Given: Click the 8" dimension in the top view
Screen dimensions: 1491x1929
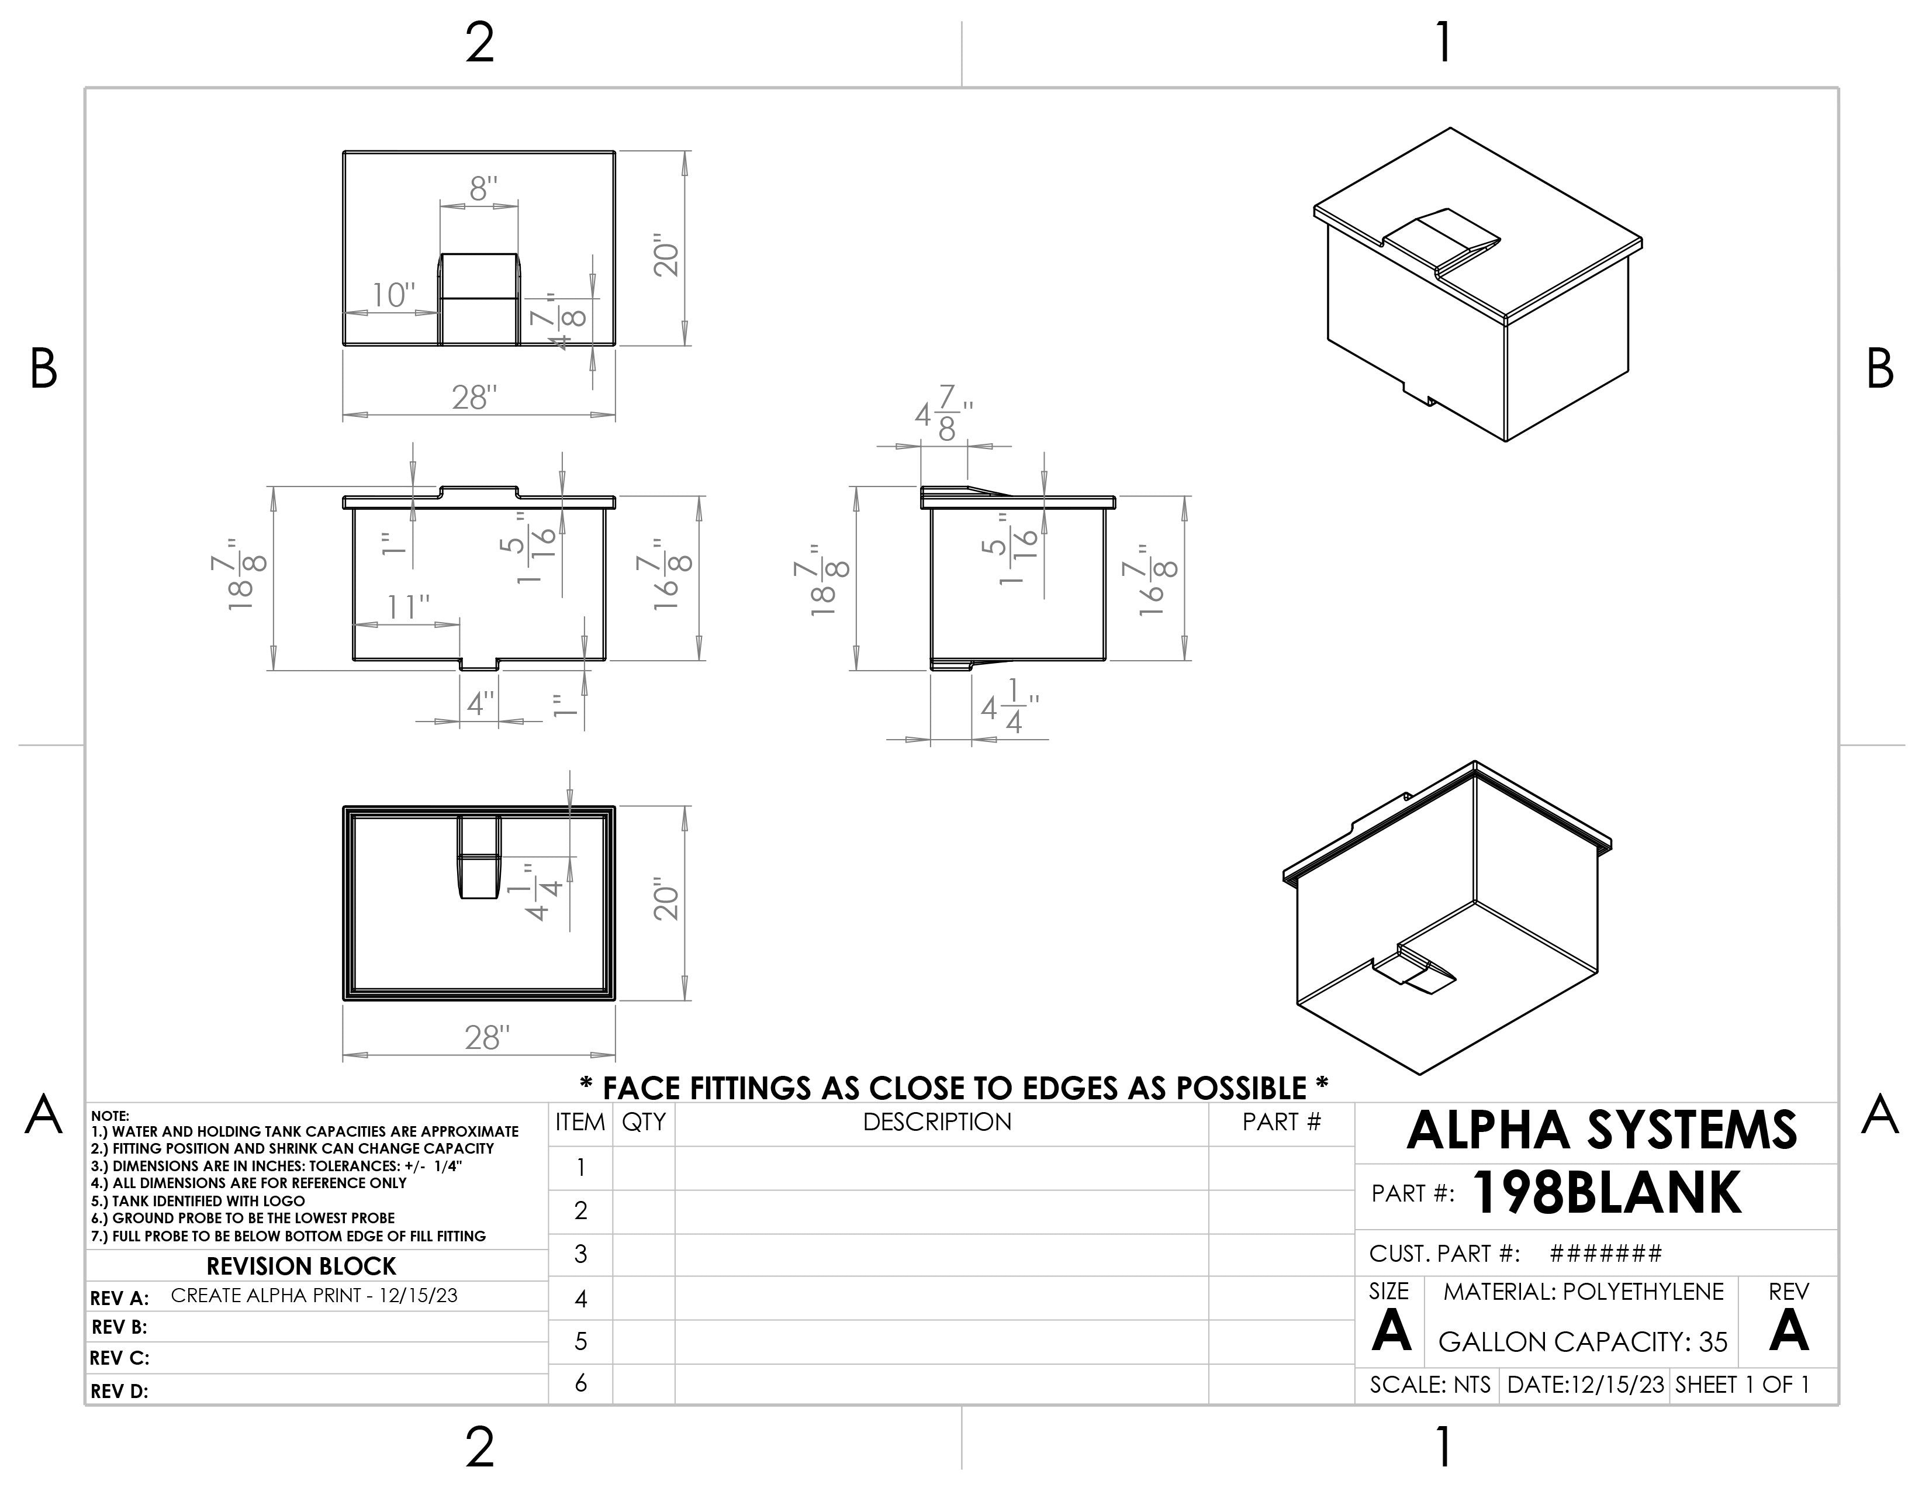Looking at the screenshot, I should click(483, 189).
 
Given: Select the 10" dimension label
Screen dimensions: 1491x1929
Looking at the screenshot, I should click(393, 295).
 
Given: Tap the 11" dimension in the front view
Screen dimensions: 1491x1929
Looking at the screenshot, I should click(408, 608).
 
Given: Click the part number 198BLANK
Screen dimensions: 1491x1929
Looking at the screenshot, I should click(1606, 1193).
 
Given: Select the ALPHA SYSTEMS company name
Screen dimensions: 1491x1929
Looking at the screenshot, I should click(1600, 1131).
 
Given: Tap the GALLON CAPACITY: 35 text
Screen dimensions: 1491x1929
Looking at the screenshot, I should click(1583, 1342).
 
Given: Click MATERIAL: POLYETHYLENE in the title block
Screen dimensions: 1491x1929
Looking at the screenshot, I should click(1583, 1292).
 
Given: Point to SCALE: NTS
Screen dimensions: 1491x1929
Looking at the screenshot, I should click(1430, 1385).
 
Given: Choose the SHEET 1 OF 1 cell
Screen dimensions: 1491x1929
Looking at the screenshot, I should click(1742, 1385).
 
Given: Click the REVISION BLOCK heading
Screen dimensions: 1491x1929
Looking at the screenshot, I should click(301, 1266).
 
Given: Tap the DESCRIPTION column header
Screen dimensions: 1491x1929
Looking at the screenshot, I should click(936, 1122).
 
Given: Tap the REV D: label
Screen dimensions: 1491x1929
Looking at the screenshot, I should click(119, 1391).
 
